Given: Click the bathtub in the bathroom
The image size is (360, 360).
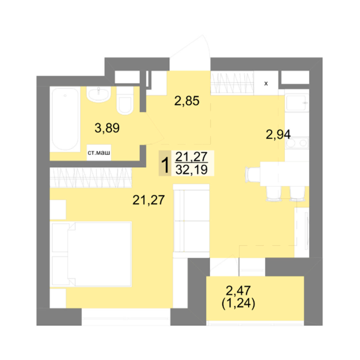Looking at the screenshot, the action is point(65,119).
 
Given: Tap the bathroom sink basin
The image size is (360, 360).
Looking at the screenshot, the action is point(99,94).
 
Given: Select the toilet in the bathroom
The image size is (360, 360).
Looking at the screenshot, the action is point(125,101).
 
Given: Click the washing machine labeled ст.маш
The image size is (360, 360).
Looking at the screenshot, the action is point(99,152).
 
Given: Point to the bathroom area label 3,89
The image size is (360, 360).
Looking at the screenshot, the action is point(107,128).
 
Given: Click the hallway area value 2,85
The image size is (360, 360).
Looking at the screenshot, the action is point(187,101).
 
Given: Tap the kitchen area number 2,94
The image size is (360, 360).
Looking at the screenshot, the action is point(278,135).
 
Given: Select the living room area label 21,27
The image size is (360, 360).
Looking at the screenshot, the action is point(149,200).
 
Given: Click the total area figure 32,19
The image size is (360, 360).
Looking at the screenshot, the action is point(191,170).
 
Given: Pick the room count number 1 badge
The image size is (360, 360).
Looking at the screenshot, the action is point(165,163).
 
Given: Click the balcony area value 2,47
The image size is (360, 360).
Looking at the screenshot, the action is point(238,291).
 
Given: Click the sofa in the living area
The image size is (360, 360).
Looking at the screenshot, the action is point(191,221).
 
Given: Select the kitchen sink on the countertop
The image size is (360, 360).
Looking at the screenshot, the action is point(297,103).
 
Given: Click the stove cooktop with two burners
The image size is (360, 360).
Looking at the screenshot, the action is point(297,143).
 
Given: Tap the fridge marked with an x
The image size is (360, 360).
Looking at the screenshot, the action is point(266,83).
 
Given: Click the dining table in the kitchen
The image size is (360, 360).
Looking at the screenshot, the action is point(285,173).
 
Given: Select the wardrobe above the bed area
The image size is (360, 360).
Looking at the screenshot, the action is point(91,178).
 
